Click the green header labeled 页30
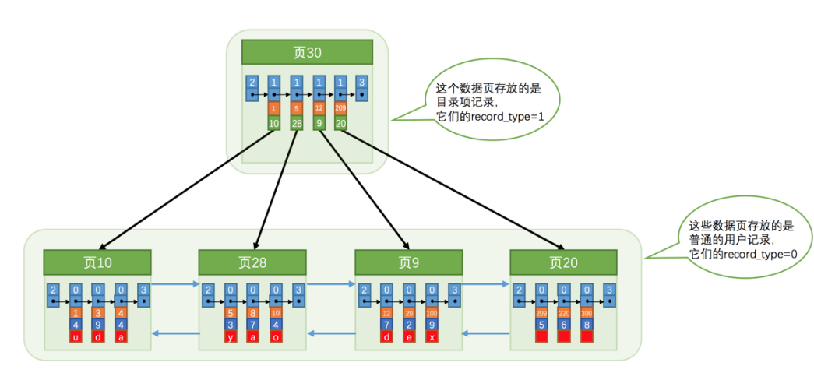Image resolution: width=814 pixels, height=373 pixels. [307, 53]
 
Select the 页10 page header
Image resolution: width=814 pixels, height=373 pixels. [97, 262]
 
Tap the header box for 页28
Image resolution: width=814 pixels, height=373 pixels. [252, 262]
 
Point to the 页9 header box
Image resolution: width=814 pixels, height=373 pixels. [409, 262]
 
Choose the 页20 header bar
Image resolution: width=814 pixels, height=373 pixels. [563, 262]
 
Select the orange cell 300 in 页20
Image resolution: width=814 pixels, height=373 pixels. [587, 312]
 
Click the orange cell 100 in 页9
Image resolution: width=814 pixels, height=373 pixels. [431, 312]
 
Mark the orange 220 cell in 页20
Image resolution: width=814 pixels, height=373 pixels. [564, 312]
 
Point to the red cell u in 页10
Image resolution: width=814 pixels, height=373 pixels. [76, 337]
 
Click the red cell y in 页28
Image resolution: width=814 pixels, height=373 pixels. [231, 337]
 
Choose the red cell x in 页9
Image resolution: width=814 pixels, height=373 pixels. [431, 337]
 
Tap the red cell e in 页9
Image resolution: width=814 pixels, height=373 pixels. [409, 337]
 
